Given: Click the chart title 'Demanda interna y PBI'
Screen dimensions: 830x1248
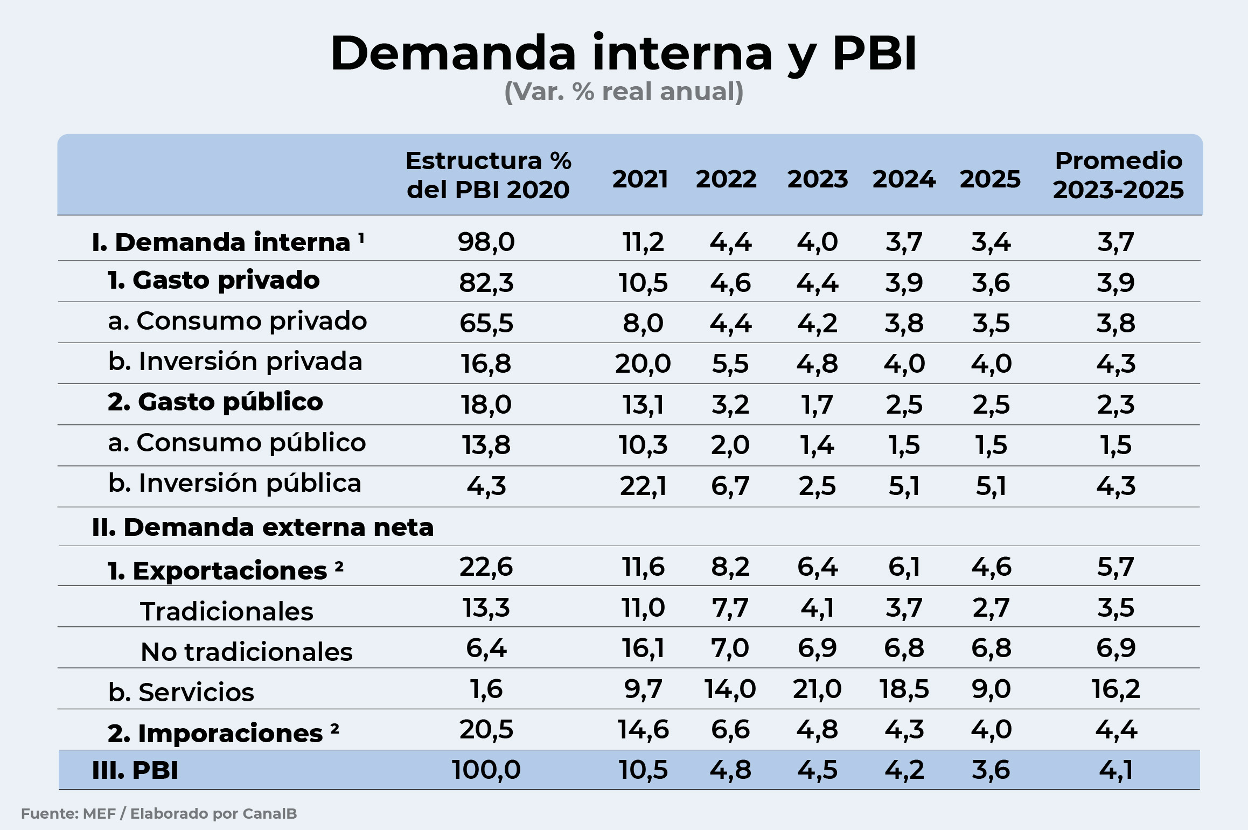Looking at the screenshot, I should pos(623,53).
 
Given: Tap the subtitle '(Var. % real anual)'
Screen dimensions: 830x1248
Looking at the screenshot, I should pos(623,92).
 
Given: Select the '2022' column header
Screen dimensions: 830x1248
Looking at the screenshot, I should pos(726,179).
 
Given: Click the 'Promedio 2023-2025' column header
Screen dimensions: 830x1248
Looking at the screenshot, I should pos(1118,175).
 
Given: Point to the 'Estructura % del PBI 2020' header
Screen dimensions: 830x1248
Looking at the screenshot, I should pos(488,175).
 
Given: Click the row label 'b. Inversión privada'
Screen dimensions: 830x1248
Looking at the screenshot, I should pos(235,361).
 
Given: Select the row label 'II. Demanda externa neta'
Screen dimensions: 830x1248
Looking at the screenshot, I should pos(263,527).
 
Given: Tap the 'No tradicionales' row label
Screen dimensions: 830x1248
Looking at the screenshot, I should pos(247,652).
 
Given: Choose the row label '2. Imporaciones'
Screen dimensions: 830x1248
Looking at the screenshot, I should pos(215,733).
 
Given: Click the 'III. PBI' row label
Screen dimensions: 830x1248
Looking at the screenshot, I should pos(135,770).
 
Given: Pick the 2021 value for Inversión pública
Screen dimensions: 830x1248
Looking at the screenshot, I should pos(643,486).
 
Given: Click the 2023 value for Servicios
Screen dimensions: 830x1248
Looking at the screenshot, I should pos(817,689).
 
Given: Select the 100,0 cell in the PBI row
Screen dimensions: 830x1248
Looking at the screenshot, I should pos(486,770).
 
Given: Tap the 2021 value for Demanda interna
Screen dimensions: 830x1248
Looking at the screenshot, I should pos(643,242).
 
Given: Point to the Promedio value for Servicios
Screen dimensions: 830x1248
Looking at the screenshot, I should pos(1115,689).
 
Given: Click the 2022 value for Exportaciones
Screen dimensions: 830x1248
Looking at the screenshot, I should pos(730,567).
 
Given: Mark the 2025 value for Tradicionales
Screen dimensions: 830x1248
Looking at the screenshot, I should pos(991,608).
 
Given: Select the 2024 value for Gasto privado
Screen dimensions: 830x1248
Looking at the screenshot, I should pos(903,282).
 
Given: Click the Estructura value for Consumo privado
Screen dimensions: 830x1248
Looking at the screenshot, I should pos(486,323).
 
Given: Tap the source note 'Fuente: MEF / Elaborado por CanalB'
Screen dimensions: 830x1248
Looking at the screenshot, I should pos(159,813).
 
